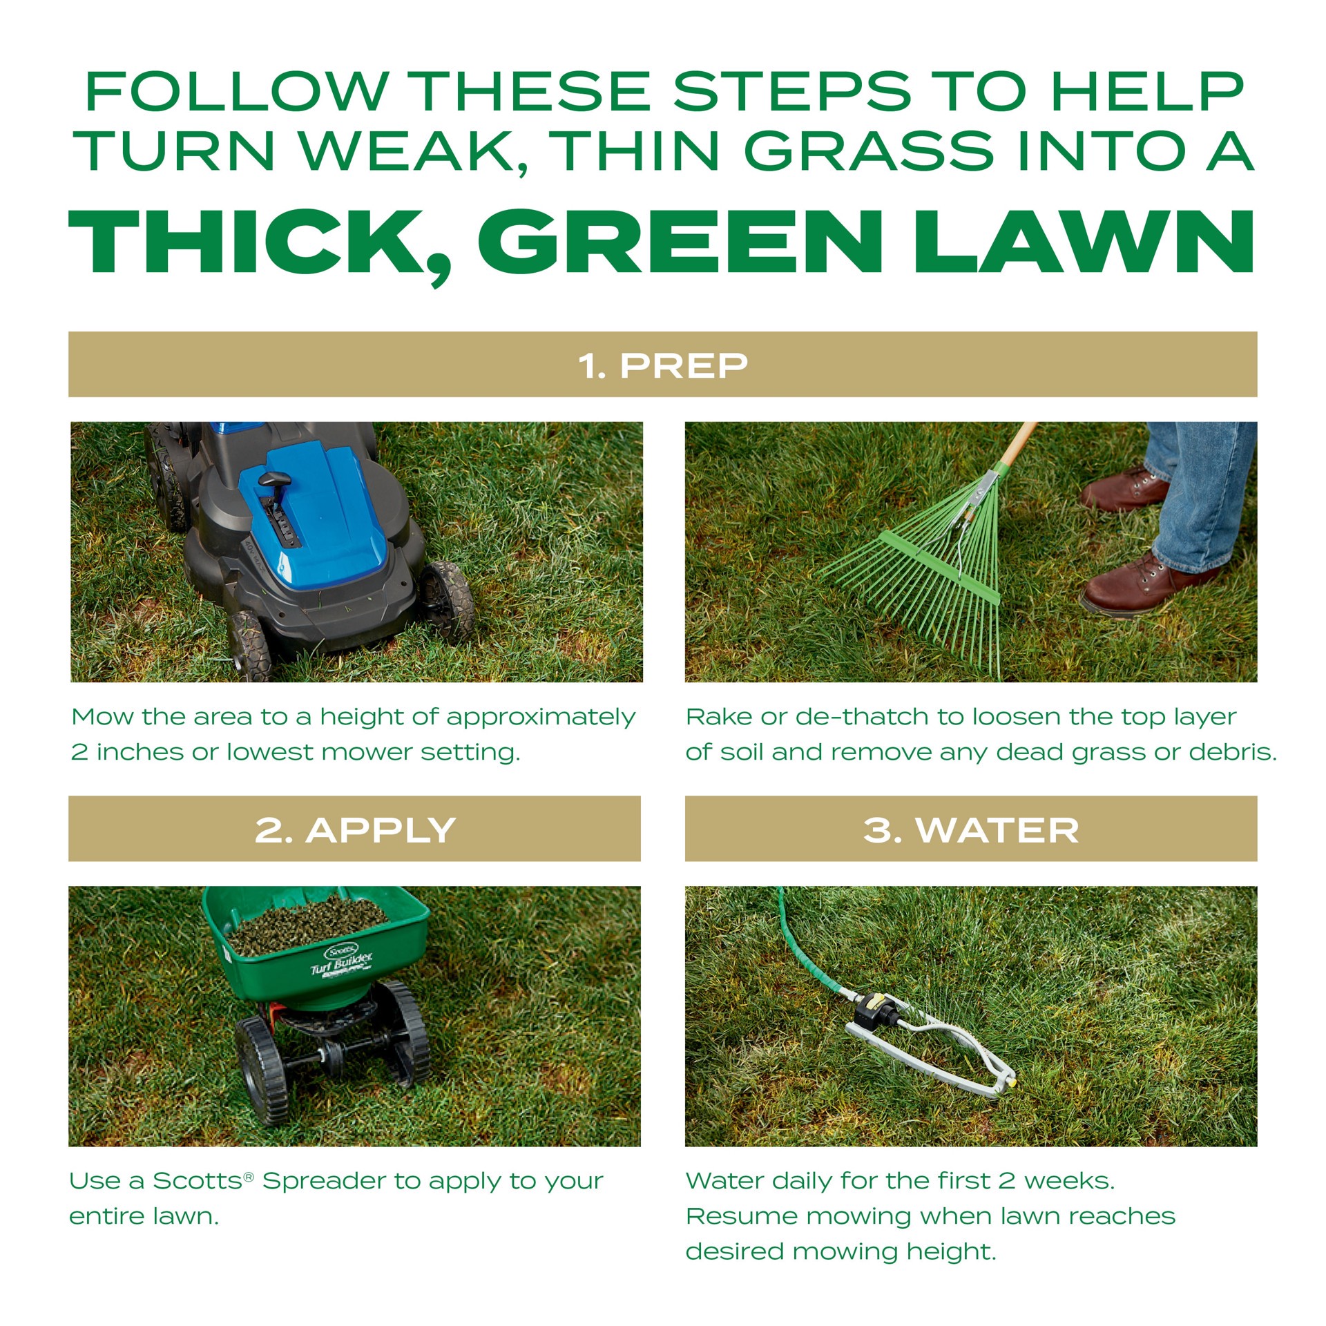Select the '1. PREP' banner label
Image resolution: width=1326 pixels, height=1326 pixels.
point(663,365)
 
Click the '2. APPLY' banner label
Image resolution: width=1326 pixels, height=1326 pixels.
point(354,829)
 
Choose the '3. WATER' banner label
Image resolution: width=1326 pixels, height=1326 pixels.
point(970,829)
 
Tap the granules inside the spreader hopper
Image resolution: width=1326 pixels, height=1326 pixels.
point(307,922)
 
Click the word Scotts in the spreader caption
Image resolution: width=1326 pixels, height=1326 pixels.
point(197,1181)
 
